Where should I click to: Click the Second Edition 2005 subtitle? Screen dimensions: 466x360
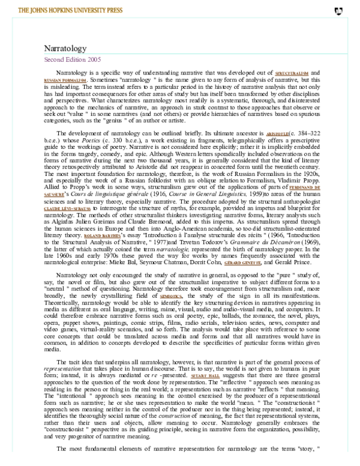click(x=73, y=60)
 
